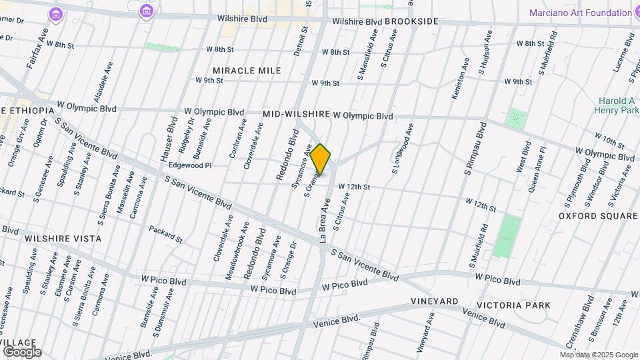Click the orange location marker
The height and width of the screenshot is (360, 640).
tap(320, 159)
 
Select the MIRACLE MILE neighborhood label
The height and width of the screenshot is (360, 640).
tap(247, 71)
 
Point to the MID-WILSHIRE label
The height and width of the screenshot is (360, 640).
tap(297, 115)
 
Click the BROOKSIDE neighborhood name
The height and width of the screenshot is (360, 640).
tap(412, 22)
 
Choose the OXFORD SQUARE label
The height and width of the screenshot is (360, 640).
tap(599, 216)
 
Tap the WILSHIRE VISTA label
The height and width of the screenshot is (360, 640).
tap(63, 238)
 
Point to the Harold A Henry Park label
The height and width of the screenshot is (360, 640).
tap(616, 105)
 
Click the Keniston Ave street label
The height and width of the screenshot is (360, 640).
tap(456, 83)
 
